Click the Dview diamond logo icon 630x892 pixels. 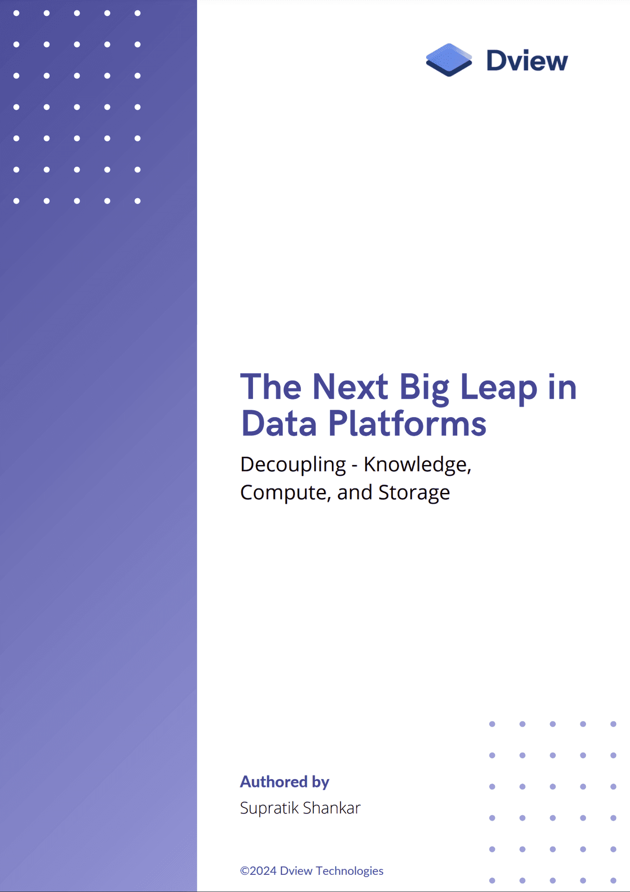point(448,60)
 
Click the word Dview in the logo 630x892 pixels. point(526,61)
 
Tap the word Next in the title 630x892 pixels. point(350,387)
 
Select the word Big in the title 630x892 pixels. point(424,388)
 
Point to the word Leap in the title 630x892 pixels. point(498,388)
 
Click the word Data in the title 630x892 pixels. point(279,424)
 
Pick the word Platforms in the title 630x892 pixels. point(407,424)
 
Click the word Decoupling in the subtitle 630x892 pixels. point(293,465)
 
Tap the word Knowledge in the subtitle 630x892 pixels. point(417,465)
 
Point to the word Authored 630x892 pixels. point(273,782)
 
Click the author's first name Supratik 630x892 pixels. point(269,808)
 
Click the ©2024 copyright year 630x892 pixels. point(258,871)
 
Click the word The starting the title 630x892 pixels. point(271,387)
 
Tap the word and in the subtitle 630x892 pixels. point(355,492)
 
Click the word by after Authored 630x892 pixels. point(320,782)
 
